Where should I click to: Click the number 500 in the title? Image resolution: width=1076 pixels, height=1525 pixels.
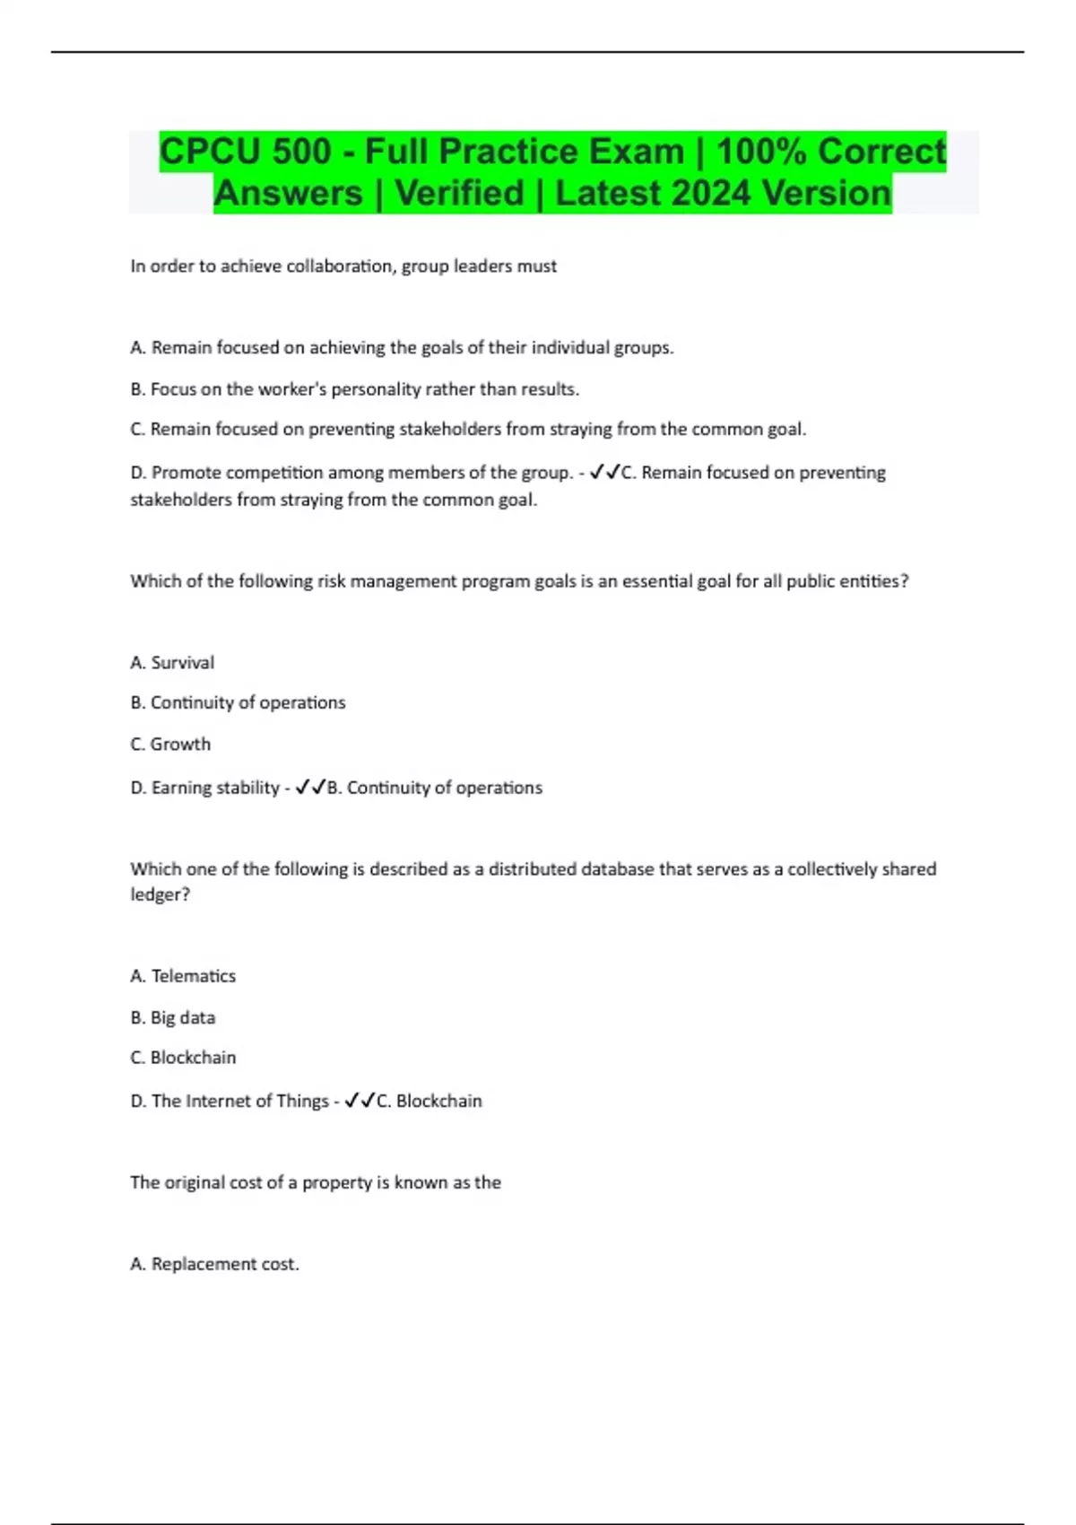[x=302, y=152]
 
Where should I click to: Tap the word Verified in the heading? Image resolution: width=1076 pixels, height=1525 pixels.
[x=459, y=194]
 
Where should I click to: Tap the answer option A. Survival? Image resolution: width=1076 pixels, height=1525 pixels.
[x=172, y=663]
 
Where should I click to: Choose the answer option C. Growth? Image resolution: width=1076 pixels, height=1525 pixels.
[x=170, y=745]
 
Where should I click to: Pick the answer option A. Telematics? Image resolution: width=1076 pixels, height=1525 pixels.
[x=183, y=976]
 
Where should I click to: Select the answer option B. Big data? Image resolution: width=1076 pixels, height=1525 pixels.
[x=173, y=1018]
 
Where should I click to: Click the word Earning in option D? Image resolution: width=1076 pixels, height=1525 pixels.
[x=184, y=788]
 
